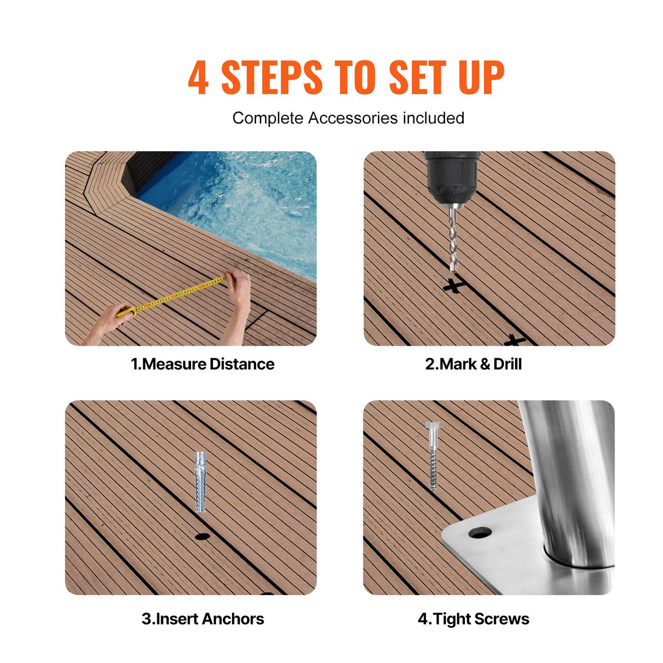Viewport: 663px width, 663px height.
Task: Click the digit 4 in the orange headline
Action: tap(198, 78)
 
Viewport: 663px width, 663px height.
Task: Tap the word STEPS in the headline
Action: tap(271, 78)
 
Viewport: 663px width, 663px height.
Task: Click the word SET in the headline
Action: tap(417, 78)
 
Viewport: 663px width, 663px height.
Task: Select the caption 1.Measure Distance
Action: tap(202, 364)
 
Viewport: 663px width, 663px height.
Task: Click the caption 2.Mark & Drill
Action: tap(473, 364)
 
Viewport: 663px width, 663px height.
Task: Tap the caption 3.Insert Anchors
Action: tap(203, 619)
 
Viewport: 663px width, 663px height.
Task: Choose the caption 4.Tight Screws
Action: tap(473, 619)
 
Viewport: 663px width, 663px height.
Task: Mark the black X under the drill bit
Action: tap(453, 285)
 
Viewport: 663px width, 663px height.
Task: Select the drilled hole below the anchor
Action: tap(202, 536)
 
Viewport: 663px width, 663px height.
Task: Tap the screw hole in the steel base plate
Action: tap(480, 532)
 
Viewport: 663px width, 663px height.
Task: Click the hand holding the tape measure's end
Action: tap(239, 287)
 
